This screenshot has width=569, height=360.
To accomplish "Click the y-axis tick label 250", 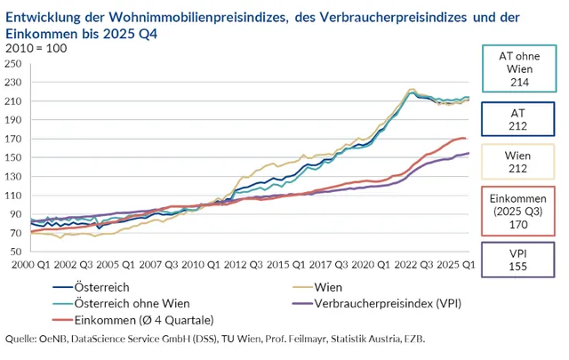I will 15,64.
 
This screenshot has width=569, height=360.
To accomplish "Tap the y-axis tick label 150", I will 15,157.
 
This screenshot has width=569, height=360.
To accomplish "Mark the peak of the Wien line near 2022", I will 411,89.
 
